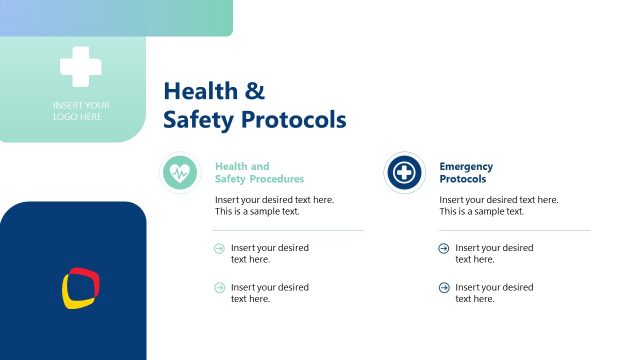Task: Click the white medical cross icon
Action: pyautogui.click(x=80, y=67)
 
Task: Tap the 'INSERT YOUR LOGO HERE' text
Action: pyautogui.click(x=81, y=111)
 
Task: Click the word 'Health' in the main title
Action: pyautogui.click(x=200, y=91)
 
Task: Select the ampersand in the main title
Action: pyautogui.click(x=255, y=91)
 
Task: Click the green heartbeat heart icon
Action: pyautogui.click(x=180, y=173)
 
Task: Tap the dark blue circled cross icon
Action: pyautogui.click(x=404, y=173)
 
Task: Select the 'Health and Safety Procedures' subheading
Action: pyautogui.click(x=259, y=173)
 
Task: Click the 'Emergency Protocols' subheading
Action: pyautogui.click(x=466, y=173)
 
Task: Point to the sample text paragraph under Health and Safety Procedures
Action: pyautogui.click(x=274, y=205)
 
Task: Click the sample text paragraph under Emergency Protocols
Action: pyautogui.click(x=498, y=205)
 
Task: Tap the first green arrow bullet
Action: pyautogui.click(x=219, y=248)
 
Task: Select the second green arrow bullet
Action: pyautogui.click(x=219, y=288)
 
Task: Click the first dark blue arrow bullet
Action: pyautogui.click(x=444, y=248)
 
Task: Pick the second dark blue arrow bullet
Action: pyautogui.click(x=444, y=288)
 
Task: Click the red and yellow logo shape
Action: pyautogui.click(x=81, y=287)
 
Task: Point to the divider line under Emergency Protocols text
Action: pyautogui.click(x=514, y=230)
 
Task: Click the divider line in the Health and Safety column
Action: pyautogui.click(x=289, y=230)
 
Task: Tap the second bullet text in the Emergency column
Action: pyautogui.click(x=494, y=293)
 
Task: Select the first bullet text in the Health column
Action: pyautogui.click(x=269, y=253)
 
